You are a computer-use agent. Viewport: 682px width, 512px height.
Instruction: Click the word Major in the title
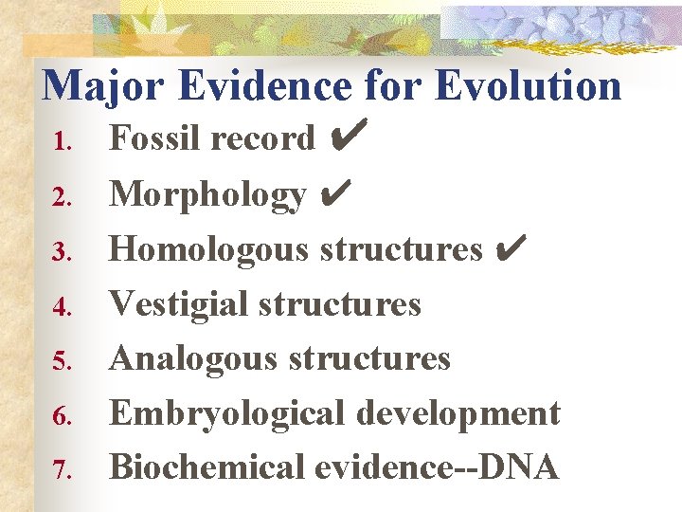click(103, 85)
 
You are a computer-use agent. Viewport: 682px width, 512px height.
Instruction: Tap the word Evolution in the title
click(528, 85)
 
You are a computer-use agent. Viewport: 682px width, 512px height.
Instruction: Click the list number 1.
click(62, 142)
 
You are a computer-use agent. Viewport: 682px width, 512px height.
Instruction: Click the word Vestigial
click(179, 303)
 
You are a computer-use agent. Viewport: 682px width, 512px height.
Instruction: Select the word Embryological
click(226, 414)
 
